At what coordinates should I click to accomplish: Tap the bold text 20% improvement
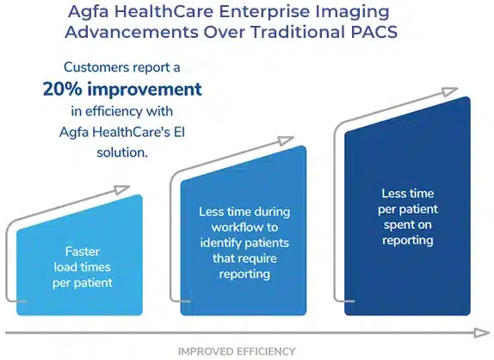(122, 89)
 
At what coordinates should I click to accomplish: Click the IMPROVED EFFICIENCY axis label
(237, 351)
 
